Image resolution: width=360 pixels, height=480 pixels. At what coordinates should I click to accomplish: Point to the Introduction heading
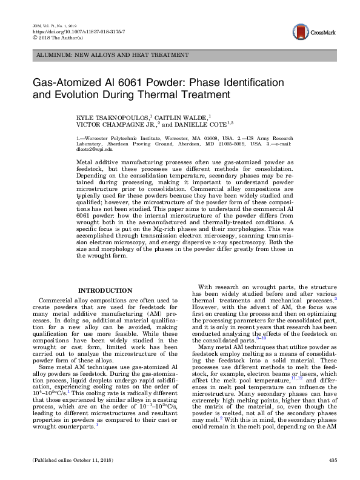105,290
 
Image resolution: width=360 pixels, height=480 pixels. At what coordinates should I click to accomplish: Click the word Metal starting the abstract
86,162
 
